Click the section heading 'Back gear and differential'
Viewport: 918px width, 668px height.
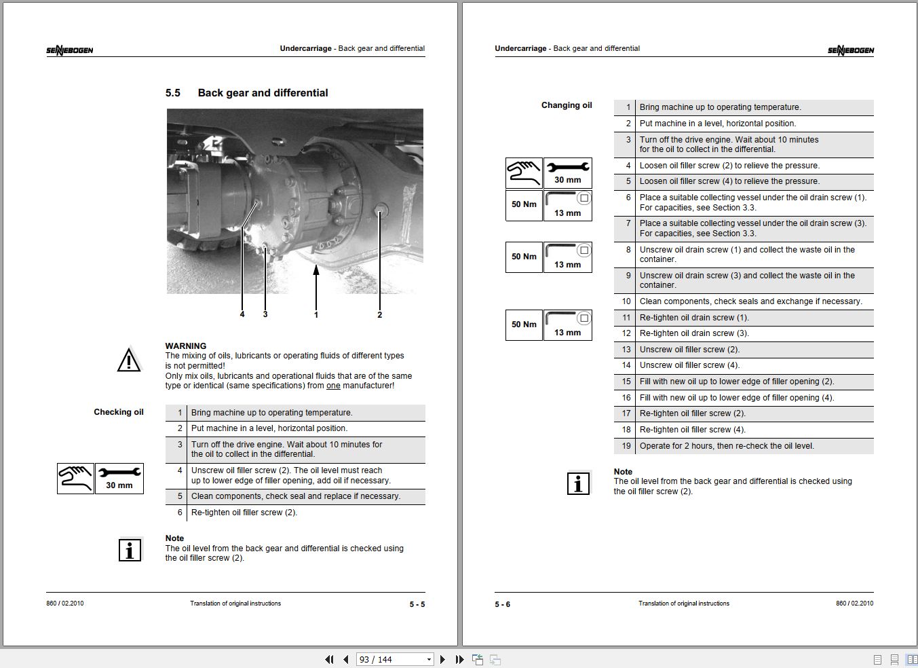click(263, 93)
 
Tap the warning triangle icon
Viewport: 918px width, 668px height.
click(129, 360)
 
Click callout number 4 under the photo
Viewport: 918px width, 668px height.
click(242, 314)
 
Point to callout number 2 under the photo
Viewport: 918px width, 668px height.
click(379, 314)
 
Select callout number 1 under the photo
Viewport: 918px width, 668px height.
click(315, 314)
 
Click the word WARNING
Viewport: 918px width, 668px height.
click(186, 346)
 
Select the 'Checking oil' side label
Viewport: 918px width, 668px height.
click(119, 412)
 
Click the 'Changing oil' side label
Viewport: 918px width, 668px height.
click(567, 105)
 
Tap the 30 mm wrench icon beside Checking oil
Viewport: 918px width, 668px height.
click(119, 478)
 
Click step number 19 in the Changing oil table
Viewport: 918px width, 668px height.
click(626, 446)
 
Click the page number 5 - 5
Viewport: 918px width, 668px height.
click(417, 604)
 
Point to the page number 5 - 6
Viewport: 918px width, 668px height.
click(503, 604)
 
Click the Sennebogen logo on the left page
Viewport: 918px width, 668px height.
click(70, 50)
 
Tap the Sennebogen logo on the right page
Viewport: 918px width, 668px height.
click(850, 50)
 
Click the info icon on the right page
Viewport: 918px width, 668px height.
click(578, 483)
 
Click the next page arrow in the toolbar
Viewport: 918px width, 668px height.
click(443, 659)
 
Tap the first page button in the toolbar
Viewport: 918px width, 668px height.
click(329, 659)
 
